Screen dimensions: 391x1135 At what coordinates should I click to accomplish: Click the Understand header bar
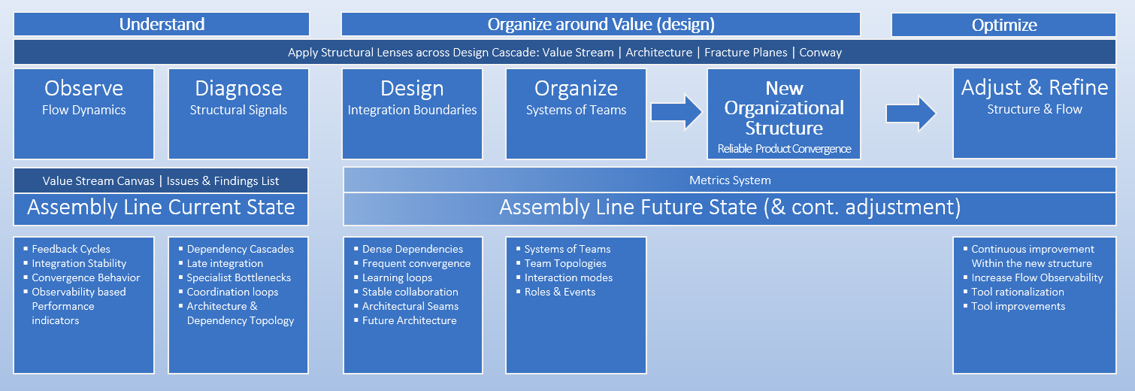pos(162,24)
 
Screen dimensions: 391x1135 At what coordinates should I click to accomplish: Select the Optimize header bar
pos(1003,25)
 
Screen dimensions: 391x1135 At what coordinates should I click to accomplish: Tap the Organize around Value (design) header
pos(601,24)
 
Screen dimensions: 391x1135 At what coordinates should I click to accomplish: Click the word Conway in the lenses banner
pos(820,53)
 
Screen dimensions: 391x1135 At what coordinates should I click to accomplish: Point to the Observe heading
pos(83,88)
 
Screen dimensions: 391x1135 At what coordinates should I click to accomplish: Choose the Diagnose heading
pos(238,88)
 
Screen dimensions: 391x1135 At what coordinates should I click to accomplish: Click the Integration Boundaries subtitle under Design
pos(412,110)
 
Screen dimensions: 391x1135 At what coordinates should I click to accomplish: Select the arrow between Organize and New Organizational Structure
pos(676,112)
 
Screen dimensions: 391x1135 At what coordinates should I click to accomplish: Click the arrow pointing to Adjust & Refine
pos(911,113)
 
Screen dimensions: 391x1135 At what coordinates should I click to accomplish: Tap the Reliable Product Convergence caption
pos(784,148)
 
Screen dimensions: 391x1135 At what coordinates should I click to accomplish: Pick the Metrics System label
pos(730,180)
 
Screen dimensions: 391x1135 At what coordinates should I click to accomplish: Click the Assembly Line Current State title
pos(161,207)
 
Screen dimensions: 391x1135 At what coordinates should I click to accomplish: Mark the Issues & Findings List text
pos(222,180)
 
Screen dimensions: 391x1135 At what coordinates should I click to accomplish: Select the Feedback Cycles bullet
pos(71,249)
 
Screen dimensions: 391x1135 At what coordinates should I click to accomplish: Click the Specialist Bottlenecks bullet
pos(238,277)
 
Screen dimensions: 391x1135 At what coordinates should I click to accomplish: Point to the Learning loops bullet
pos(397,277)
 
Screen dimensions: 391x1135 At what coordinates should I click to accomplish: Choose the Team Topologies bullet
pos(564,263)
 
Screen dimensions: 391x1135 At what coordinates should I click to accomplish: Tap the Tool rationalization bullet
pos(1017,292)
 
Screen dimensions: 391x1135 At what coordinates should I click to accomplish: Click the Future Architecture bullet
pos(409,320)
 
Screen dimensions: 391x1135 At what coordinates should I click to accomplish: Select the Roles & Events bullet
pos(559,292)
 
